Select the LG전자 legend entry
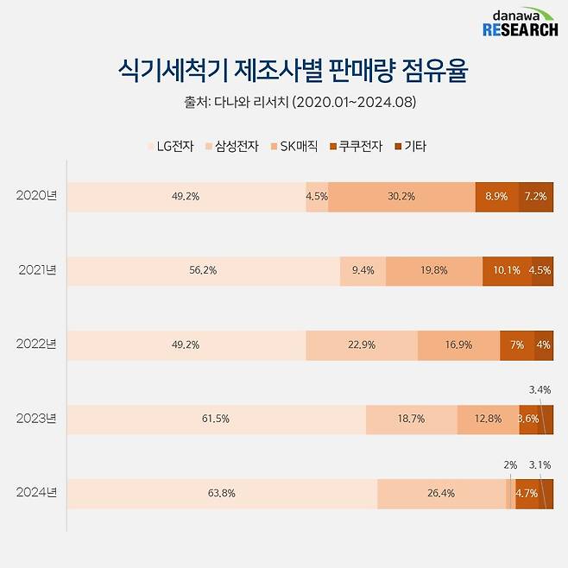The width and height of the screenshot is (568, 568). tap(170, 146)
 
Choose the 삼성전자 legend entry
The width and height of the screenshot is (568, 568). tap(231, 146)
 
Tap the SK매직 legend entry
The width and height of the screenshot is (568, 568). tap(295, 146)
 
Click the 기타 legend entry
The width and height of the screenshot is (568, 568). tap(410, 146)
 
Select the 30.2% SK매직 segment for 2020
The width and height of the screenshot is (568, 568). tap(401, 197)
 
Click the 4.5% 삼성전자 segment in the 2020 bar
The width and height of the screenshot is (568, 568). tap(317, 197)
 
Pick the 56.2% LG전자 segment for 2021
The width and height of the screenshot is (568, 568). tap(204, 271)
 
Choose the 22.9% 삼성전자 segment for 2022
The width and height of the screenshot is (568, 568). tap(362, 345)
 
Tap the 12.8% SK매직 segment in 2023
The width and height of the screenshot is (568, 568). tap(488, 420)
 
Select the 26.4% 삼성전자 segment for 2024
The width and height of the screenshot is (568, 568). tap(441, 494)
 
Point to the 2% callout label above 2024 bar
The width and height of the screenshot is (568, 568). tap(510, 465)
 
